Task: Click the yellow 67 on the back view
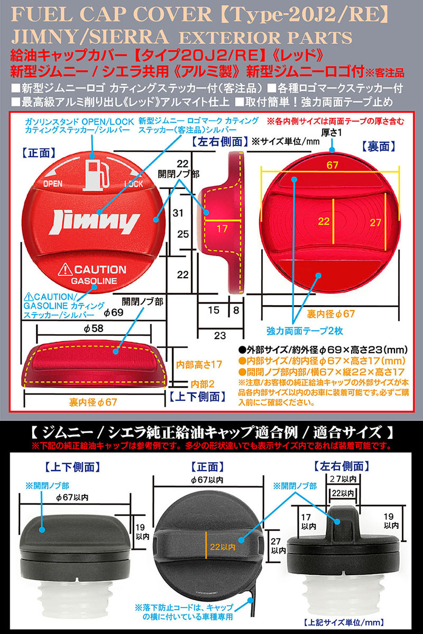(332, 165)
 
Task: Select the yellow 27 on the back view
(375, 223)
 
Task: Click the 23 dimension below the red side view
(220, 335)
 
